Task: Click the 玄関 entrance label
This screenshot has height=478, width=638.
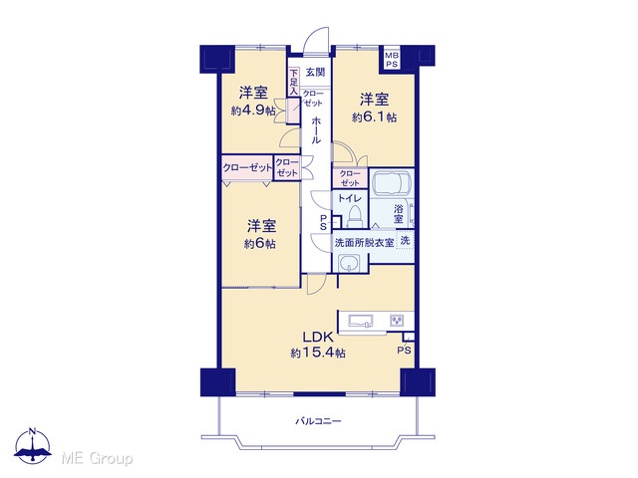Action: click(x=315, y=73)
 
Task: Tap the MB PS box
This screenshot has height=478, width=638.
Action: click(x=392, y=60)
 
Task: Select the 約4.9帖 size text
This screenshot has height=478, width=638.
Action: click(x=253, y=111)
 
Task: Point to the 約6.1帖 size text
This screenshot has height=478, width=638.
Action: click(x=374, y=118)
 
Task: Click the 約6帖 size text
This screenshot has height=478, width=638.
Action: click(x=260, y=243)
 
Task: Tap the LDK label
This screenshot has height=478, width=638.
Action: click(x=318, y=337)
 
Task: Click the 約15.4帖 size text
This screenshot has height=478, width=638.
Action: click(x=318, y=353)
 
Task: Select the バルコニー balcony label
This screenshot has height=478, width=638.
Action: click(x=318, y=421)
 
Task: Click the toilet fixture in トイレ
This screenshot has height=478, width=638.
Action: click(x=355, y=217)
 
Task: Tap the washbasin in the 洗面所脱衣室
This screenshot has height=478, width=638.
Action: click(x=348, y=263)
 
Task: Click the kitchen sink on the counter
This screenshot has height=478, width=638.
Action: click(x=361, y=321)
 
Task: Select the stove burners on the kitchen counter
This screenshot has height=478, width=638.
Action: click(x=397, y=321)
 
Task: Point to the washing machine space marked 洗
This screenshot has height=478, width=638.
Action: click(x=406, y=240)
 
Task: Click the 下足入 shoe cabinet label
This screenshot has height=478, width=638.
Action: click(x=293, y=83)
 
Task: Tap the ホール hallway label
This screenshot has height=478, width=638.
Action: click(x=316, y=130)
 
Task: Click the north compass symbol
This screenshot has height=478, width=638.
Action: click(x=33, y=445)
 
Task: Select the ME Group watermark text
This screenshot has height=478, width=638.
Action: click(x=97, y=459)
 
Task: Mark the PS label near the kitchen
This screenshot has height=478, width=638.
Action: click(x=404, y=350)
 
